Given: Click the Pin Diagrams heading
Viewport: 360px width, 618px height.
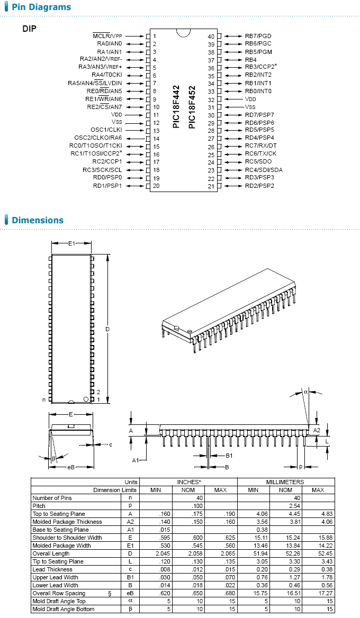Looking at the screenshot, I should (x=41, y=7).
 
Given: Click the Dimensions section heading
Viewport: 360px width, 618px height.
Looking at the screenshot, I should (x=38, y=220).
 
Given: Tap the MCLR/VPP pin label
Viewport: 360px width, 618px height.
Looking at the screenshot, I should (x=107, y=35).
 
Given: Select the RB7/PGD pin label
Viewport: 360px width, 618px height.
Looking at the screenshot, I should (x=258, y=36).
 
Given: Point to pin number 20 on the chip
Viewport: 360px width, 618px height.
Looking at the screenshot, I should (x=156, y=186).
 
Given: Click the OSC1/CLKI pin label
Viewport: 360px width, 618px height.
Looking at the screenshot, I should (x=106, y=130).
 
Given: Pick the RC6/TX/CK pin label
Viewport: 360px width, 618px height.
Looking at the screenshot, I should (x=260, y=153).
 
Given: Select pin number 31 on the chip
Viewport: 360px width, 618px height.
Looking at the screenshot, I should (x=211, y=107).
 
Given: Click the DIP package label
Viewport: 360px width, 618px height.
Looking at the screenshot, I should (x=30, y=29).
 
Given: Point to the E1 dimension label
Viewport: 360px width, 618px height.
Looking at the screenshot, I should (x=71, y=243).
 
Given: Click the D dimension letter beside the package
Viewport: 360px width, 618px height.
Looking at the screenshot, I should (x=107, y=329).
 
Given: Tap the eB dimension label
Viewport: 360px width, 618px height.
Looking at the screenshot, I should (x=70, y=467).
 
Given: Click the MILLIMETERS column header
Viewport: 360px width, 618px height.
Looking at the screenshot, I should (x=285, y=482).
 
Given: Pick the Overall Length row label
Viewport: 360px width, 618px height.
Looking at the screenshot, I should (x=52, y=553).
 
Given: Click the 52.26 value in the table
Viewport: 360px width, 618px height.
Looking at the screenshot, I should (x=286, y=553).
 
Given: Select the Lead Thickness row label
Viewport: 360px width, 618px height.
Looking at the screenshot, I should (x=52, y=569).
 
